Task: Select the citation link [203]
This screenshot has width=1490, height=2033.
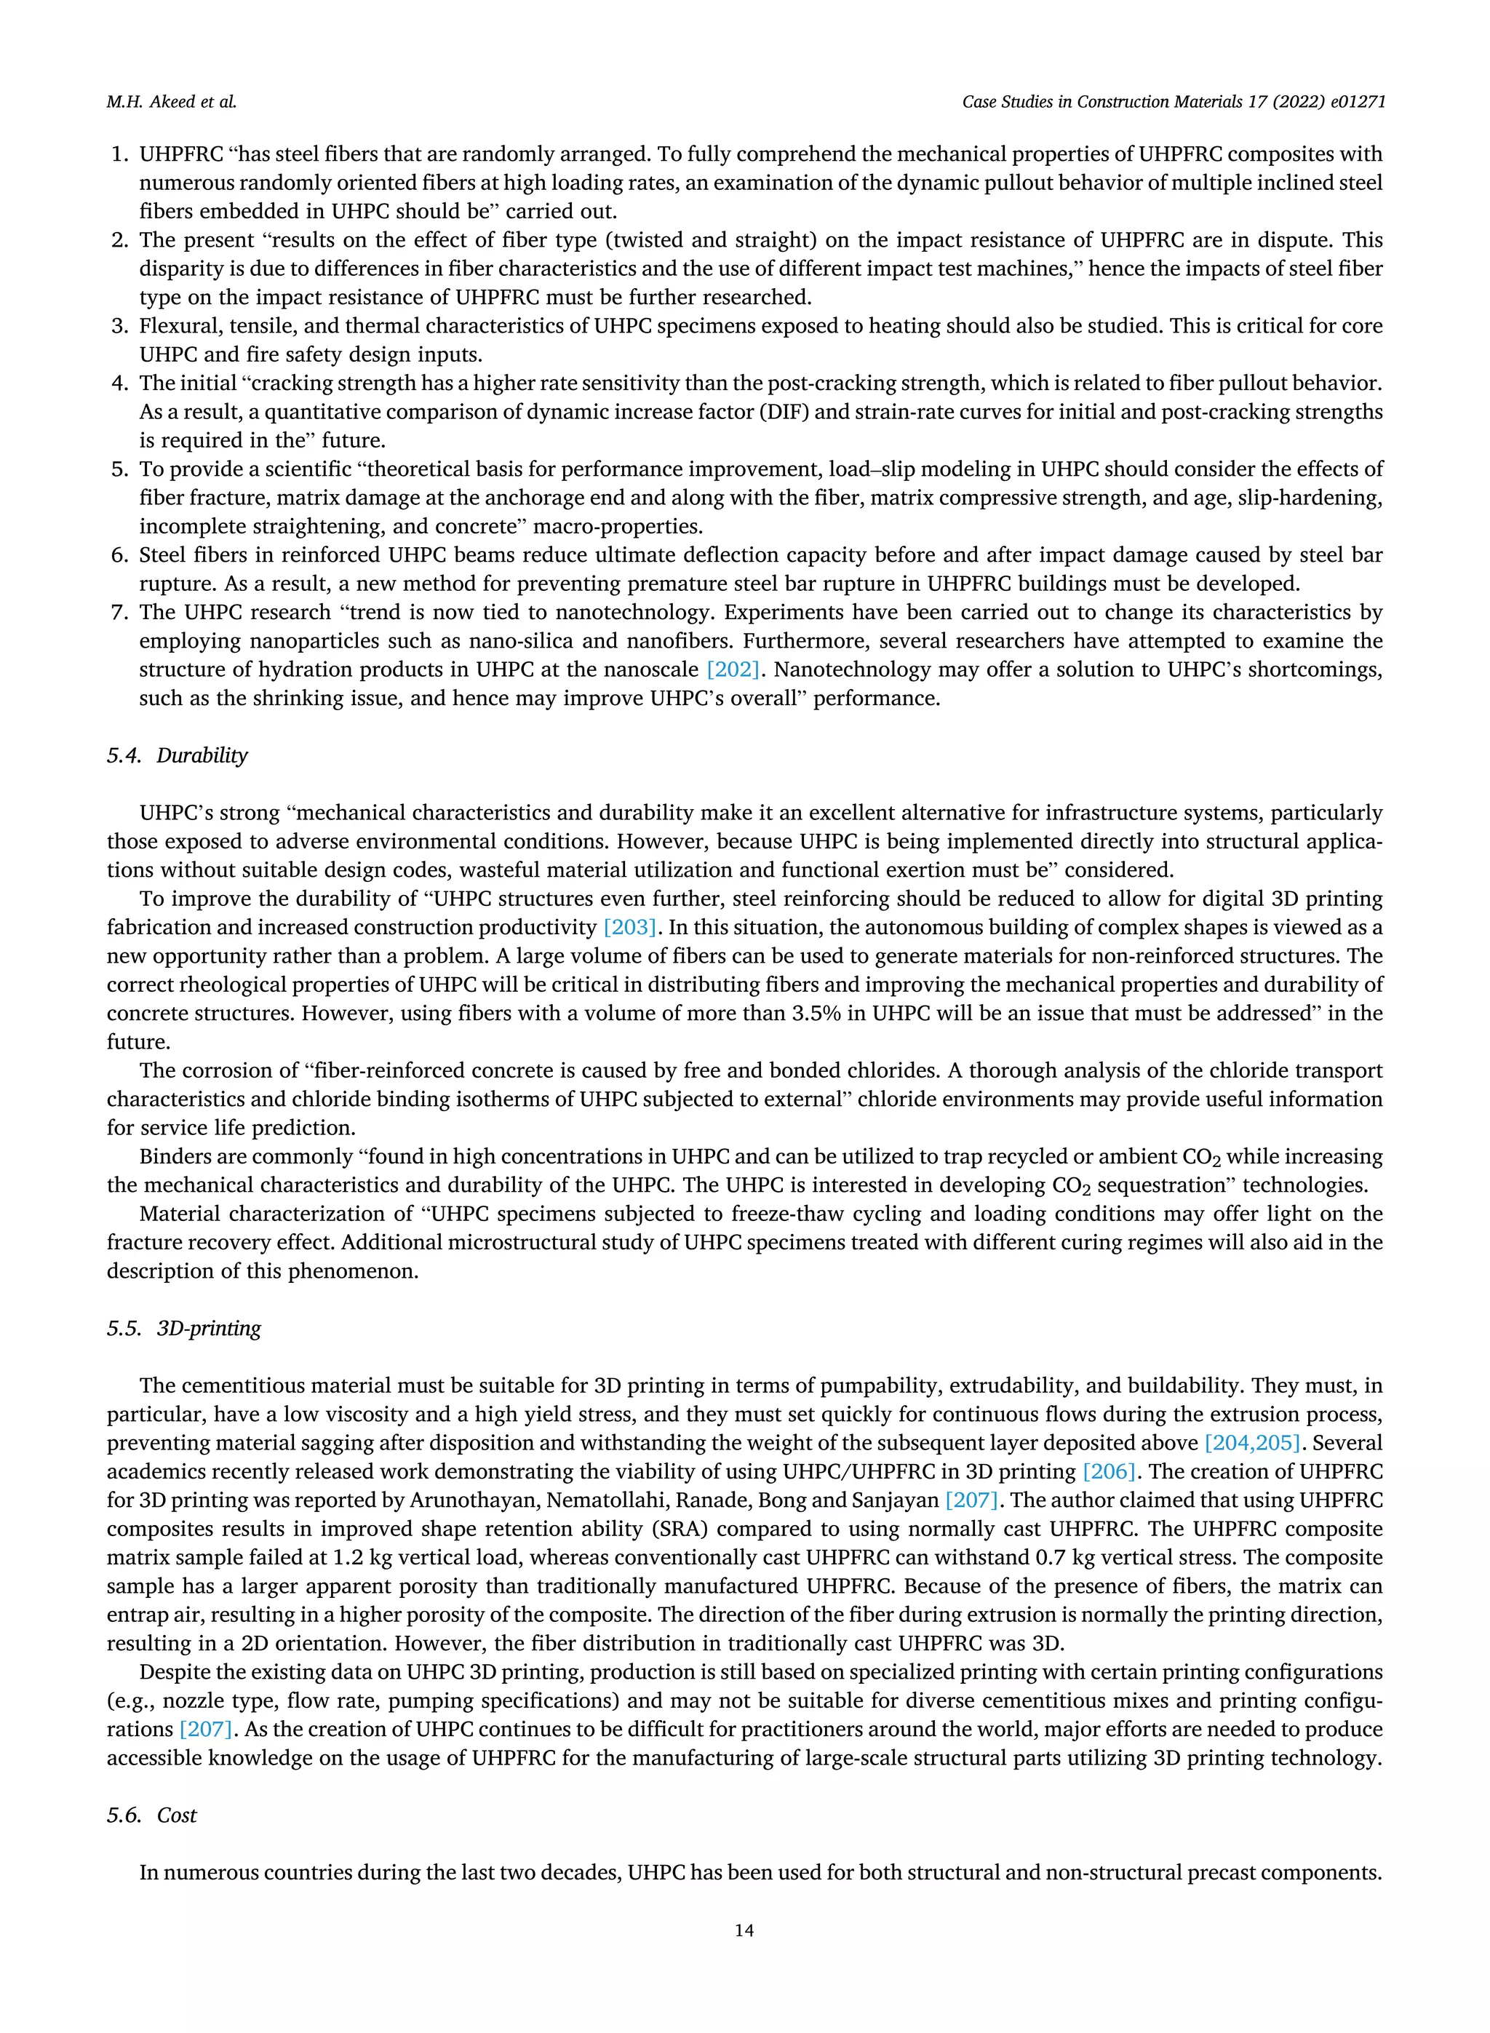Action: click(629, 927)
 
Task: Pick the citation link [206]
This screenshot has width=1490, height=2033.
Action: click(1109, 1472)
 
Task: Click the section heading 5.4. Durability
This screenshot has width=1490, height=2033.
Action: click(177, 756)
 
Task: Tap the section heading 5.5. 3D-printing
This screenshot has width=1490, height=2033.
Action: click(183, 1329)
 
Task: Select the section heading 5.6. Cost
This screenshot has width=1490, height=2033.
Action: click(151, 1815)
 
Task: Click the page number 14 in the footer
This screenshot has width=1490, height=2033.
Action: click(744, 1930)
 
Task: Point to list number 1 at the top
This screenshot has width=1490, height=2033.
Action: click(118, 154)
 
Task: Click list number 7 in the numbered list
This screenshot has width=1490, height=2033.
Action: click(118, 613)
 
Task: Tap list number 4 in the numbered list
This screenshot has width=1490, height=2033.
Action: click(118, 383)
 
